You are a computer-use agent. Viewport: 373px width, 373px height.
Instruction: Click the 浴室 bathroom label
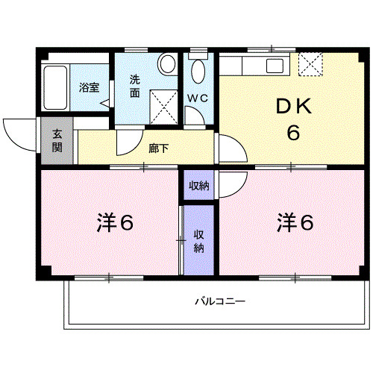click(x=89, y=87)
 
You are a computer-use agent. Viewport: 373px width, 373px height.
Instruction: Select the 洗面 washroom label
click(x=135, y=86)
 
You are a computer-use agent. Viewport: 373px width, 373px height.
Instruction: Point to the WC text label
click(x=197, y=98)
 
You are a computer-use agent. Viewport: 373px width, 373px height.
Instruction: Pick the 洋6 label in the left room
click(x=115, y=222)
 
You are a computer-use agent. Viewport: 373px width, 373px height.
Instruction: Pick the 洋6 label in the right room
click(x=296, y=222)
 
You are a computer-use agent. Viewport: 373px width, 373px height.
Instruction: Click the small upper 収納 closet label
click(x=198, y=186)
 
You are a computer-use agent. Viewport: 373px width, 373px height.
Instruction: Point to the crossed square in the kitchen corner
click(x=309, y=64)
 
